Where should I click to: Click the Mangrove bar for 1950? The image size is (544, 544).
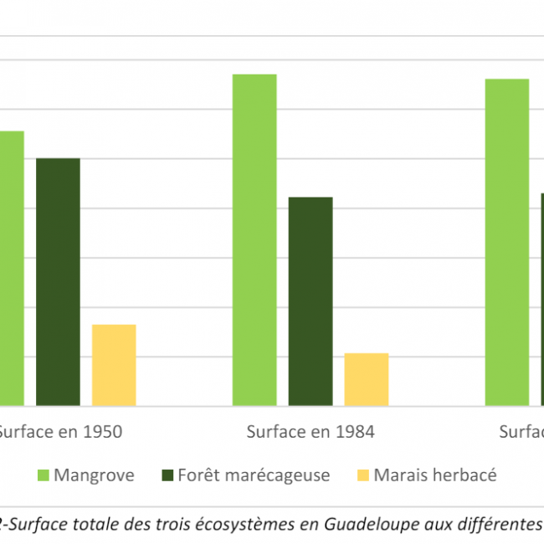pos(11,268)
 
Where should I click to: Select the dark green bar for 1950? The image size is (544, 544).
pos(58,282)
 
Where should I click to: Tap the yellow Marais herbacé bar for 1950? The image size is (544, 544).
pos(114,365)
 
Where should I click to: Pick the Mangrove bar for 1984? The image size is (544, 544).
pos(254,240)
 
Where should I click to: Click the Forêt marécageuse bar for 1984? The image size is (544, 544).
pos(310,301)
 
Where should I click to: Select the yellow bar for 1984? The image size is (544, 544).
pos(367,379)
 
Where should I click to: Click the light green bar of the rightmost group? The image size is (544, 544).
pos(507,243)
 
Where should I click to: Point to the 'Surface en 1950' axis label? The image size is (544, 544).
pos(60,433)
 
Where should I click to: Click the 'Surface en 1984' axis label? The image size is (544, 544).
pos(310,433)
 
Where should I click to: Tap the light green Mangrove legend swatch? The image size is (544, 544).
pos(43,476)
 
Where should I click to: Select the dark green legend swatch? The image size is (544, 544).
pos(167,476)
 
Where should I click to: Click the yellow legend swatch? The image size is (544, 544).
pos(362,476)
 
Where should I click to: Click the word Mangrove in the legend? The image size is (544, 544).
pos(94,476)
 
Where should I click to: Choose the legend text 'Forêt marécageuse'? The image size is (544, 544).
pos(254,476)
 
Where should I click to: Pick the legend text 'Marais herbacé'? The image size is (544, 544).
pos(435,476)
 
